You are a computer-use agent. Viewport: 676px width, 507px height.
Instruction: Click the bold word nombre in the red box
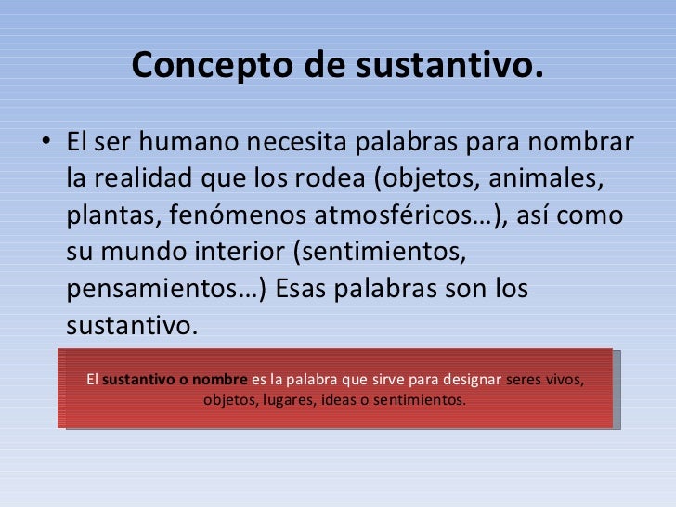tap(220, 380)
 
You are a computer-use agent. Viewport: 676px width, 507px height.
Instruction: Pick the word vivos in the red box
tap(565, 380)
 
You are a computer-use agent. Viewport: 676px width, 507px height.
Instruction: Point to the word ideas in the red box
tap(338, 401)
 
